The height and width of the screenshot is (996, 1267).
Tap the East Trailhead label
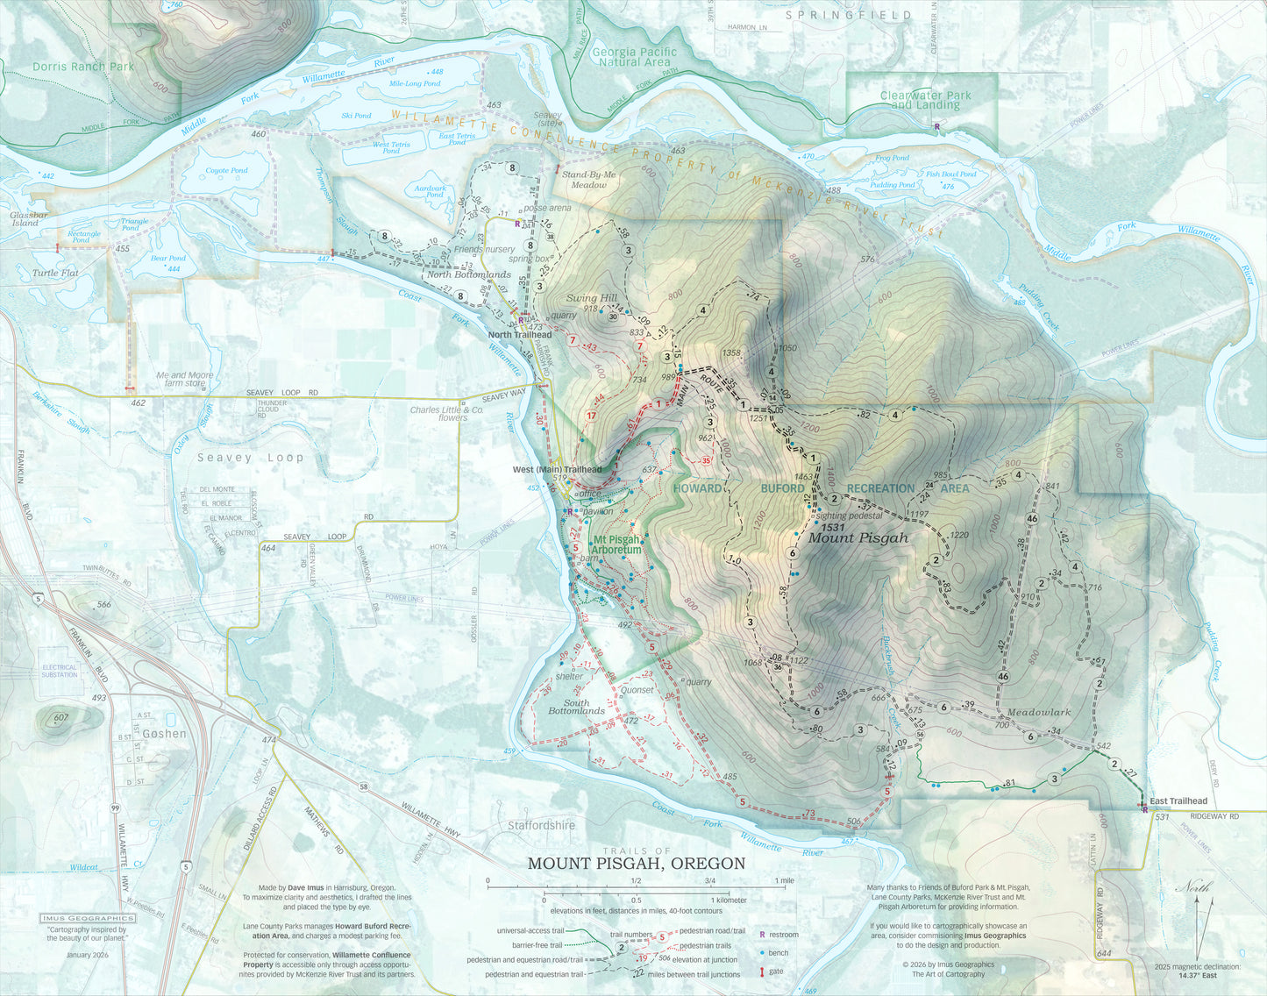pyautogui.click(x=1178, y=801)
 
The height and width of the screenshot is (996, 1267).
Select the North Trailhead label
pyautogui.click(x=520, y=335)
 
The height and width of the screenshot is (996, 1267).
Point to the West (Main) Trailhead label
pyautogui.click(x=557, y=470)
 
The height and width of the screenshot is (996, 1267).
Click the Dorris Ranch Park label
pyautogui.click(x=82, y=67)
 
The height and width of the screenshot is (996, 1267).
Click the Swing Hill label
pyautogui.click(x=592, y=298)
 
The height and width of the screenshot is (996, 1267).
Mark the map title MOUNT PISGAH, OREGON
pyautogui.click(x=636, y=864)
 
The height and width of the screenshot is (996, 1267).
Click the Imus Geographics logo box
pyautogui.click(x=84, y=919)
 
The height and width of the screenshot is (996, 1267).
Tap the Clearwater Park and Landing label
pyautogui.click(x=925, y=100)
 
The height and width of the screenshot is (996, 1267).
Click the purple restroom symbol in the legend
pyautogui.click(x=762, y=936)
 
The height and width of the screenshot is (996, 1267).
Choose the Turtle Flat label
pyautogui.click(x=55, y=274)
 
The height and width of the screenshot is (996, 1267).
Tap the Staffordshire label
pyautogui.click(x=541, y=825)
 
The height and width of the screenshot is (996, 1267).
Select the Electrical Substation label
pyautogui.click(x=60, y=671)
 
